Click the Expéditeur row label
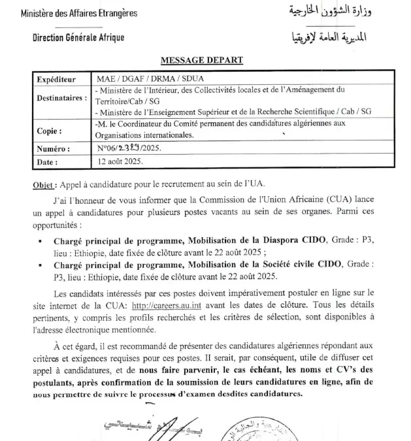point(57,78)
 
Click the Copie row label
point(51,131)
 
